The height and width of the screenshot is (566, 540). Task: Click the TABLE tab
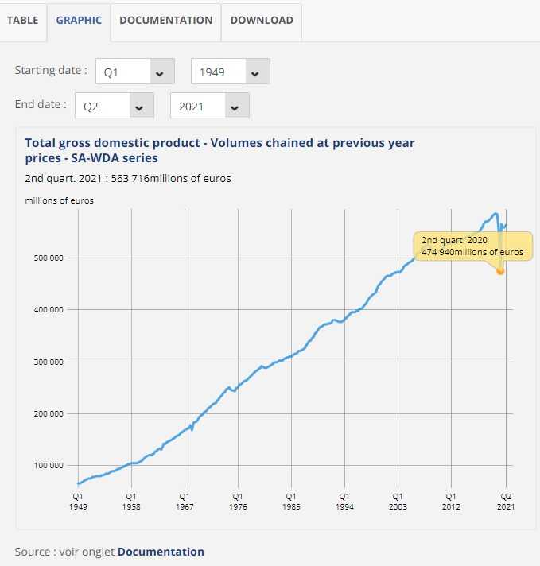pos(22,20)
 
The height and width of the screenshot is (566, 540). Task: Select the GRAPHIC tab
pos(79,20)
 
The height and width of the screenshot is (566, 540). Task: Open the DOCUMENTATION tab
pos(165,20)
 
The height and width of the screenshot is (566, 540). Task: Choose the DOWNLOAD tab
pos(262,20)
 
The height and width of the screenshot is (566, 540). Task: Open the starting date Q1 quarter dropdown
pos(134,72)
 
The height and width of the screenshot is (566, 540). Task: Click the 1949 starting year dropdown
pos(231,72)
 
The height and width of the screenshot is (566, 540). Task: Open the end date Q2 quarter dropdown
pos(114,106)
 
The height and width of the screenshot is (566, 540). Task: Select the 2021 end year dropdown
pos(210,106)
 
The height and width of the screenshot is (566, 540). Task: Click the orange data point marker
pos(500,271)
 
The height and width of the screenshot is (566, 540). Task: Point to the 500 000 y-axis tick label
pos(47,258)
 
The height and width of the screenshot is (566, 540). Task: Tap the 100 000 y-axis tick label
pos(47,466)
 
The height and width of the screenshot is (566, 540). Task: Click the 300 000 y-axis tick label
pos(47,362)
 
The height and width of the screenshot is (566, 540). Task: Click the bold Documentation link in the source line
pos(161,552)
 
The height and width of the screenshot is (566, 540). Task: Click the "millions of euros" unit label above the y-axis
pos(60,200)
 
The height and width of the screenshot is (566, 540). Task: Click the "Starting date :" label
pos(51,70)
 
